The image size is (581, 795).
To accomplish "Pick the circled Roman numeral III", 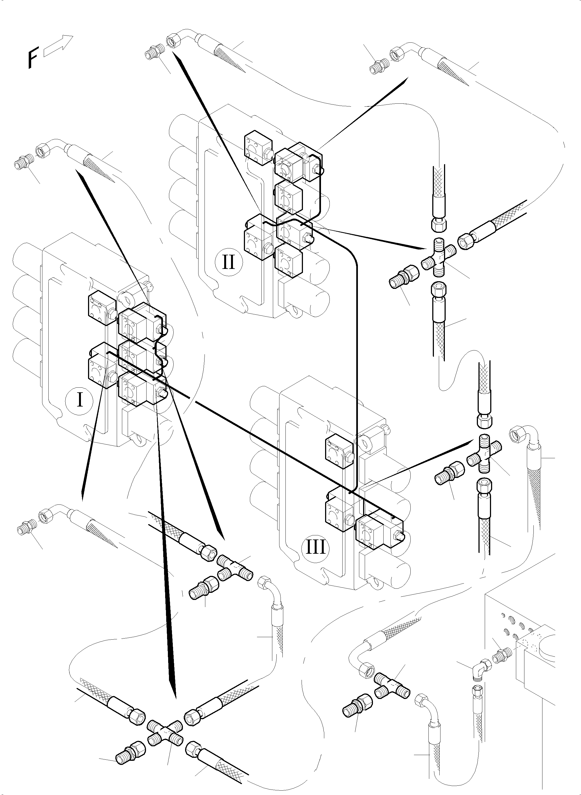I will coord(316,548).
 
